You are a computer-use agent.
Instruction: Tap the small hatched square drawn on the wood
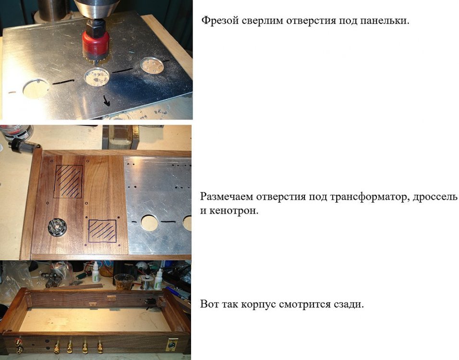pos(102,231)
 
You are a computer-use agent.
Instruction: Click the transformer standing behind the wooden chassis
pos(121,138)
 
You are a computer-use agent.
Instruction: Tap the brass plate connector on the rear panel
pos(171,345)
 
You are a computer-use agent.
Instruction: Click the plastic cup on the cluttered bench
pos(124,282)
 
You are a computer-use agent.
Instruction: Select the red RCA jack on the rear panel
pos(19,341)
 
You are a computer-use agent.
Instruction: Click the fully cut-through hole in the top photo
pos(36,88)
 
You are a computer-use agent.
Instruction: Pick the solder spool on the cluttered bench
pos(145,283)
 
